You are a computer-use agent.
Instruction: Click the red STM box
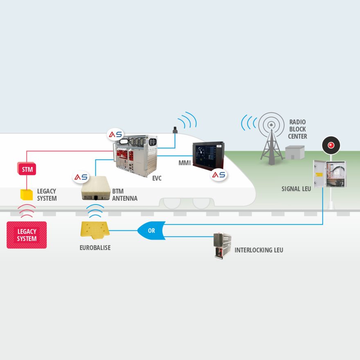tap(27, 169)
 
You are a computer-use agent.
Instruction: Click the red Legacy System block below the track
tap(27, 235)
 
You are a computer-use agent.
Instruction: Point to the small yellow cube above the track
tap(27, 195)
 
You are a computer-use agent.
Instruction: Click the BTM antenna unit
tap(96, 188)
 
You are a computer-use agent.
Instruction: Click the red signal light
tap(331, 145)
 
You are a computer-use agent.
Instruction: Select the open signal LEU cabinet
tap(329, 174)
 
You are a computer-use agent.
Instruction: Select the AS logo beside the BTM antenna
tap(81, 177)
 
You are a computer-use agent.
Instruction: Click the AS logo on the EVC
tap(115, 134)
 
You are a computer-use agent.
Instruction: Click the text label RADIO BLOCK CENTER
tap(297, 129)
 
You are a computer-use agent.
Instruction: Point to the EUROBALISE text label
tap(95, 248)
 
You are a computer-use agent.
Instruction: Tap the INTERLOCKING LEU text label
tap(259, 250)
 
